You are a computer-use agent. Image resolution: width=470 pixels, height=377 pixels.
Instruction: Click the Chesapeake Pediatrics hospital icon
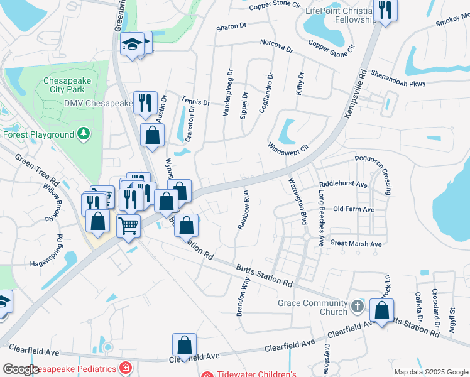pos(126,368)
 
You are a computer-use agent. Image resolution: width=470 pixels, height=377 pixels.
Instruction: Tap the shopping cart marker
pos(129,225)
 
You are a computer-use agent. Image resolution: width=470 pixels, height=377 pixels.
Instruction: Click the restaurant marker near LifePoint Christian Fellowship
pos(385,11)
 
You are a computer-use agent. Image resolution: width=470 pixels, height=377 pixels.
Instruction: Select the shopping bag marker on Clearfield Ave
pos(184,345)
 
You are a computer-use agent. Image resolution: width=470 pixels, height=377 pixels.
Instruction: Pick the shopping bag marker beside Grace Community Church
pos(381,310)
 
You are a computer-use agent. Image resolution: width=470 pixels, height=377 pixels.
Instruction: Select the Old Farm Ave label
pos(354,209)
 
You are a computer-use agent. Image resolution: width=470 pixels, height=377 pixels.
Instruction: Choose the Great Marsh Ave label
pos(356,243)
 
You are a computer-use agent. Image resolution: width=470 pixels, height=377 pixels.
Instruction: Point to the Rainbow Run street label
pos(243,209)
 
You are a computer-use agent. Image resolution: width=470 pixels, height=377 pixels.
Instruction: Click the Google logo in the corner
pos(21,369)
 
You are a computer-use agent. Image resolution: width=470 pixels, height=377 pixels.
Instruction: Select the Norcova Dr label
pos(272,46)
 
